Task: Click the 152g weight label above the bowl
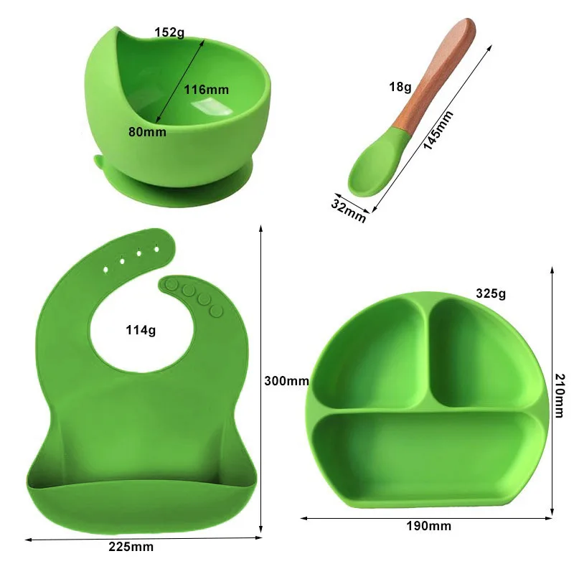coord(169,32)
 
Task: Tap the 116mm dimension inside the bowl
coord(206,90)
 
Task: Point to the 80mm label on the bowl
coord(148,132)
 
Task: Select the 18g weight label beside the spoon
coord(400,88)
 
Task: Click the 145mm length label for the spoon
coord(438,129)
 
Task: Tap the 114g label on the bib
coord(141,331)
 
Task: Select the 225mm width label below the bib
coord(131,547)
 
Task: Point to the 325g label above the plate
coord(491,293)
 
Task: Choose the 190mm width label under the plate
coord(428,526)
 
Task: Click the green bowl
coord(179,108)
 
